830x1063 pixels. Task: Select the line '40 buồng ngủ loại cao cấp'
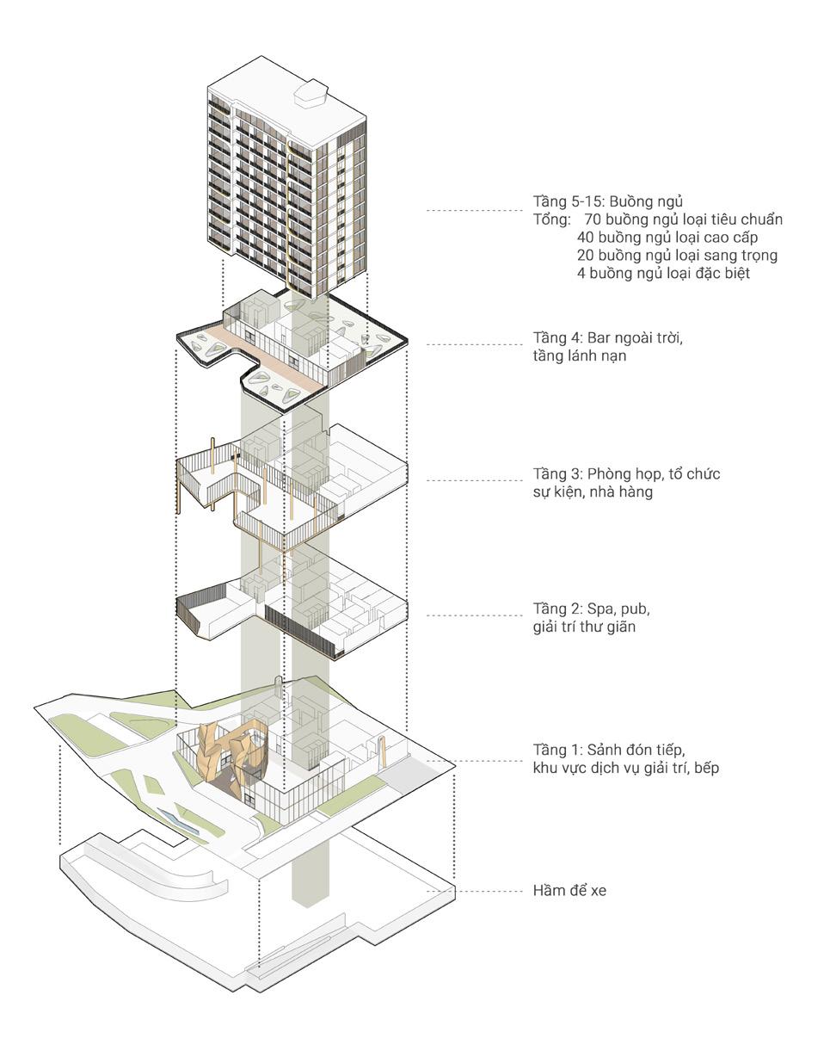pos(667,238)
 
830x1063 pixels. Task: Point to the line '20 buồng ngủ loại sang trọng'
pos(677,256)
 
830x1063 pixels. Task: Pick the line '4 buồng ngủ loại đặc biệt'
pos(663,274)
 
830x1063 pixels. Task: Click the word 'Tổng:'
pos(552,219)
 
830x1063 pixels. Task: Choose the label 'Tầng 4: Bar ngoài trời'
pos(607,337)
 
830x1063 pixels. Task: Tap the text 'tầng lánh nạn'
pos(579,355)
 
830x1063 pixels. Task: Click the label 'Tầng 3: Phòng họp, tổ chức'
pos(626,473)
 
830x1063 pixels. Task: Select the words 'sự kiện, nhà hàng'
pos(593,491)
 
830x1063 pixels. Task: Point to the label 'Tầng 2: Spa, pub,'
pos(591,609)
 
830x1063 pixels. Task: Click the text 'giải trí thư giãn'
pos(584,627)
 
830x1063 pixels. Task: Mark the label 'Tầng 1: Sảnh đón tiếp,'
pos(609,748)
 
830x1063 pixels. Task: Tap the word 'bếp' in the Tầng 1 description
pos(706,766)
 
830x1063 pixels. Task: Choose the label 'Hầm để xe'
pos(569,890)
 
